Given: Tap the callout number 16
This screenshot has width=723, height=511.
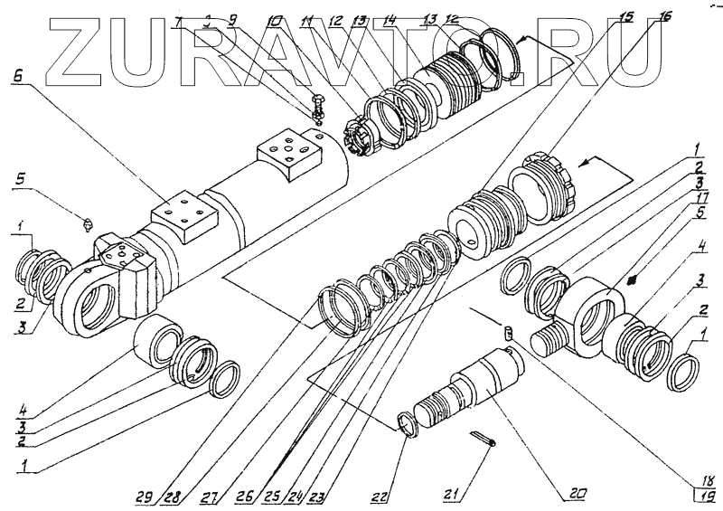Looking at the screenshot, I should click(x=667, y=15).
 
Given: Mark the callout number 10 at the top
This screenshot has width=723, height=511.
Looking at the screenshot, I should click(x=275, y=19).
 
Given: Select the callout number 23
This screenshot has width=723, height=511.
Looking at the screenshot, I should click(x=315, y=496).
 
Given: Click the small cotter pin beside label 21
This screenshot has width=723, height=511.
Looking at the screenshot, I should click(x=484, y=438).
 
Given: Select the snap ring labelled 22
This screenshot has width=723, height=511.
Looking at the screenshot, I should click(x=409, y=423).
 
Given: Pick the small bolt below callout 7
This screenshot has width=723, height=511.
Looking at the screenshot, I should click(x=318, y=107).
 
